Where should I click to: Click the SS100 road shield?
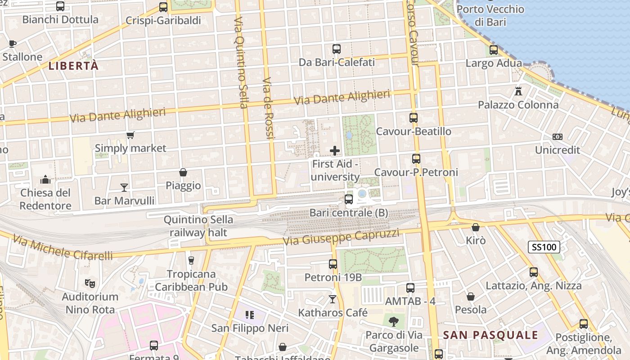point(544,247)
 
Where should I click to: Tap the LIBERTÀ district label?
point(73,66)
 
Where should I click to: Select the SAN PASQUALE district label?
point(490,335)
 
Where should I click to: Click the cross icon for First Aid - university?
point(335,151)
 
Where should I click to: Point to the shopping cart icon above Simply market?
point(130,135)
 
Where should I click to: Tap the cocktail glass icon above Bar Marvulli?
point(124,187)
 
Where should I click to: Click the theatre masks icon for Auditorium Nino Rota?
point(90,283)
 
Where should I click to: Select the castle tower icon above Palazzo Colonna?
point(518,91)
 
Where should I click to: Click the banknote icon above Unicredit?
point(557,137)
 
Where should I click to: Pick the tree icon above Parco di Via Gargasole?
point(394,321)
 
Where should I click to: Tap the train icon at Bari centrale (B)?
point(349,199)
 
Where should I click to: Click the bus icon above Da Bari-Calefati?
point(337,49)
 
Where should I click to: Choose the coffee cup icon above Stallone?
point(13,44)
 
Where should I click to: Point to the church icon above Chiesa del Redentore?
point(45,180)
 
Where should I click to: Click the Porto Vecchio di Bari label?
point(490,15)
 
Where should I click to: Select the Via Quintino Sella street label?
point(241,63)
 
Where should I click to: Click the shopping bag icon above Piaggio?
point(183,172)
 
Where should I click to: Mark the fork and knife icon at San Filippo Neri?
point(250,315)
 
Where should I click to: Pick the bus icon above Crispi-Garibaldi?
point(163,7)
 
